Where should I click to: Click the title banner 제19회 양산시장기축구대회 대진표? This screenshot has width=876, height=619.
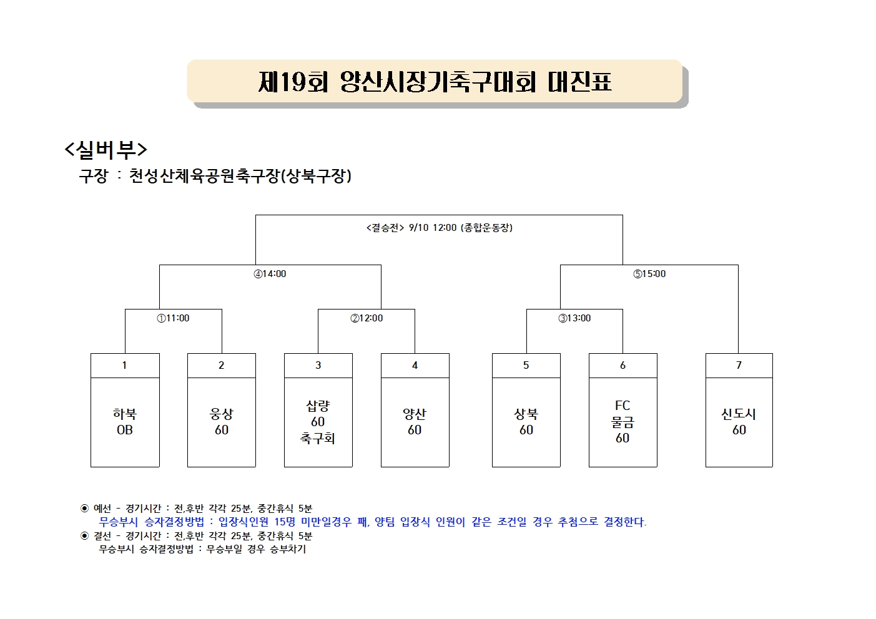point(435,82)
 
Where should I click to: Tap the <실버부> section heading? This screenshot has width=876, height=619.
point(106,150)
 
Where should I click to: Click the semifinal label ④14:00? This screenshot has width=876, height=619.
point(270,273)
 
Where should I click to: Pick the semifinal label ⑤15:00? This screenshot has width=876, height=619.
point(649,273)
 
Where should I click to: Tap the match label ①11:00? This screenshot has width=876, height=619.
point(173,318)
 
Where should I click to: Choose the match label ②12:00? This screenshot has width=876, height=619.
point(367,318)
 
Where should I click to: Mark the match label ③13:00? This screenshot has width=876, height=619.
point(574,318)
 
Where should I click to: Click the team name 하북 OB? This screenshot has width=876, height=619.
point(125,422)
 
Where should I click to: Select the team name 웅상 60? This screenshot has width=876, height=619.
point(222,422)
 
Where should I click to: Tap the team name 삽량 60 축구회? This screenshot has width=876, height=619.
point(318,422)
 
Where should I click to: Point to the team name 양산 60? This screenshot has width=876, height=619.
point(415,422)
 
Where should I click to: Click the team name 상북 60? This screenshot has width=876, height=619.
point(526,422)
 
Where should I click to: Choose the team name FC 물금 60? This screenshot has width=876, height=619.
point(623,422)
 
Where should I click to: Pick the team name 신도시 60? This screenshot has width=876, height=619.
point(739,422)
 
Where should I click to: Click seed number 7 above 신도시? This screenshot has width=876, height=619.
point(739,365)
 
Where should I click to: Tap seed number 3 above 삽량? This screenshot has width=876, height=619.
point(318,365)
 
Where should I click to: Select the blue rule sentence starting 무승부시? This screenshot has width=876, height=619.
point(373,522)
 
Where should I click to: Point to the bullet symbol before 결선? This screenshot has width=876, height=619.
point(84,535)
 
